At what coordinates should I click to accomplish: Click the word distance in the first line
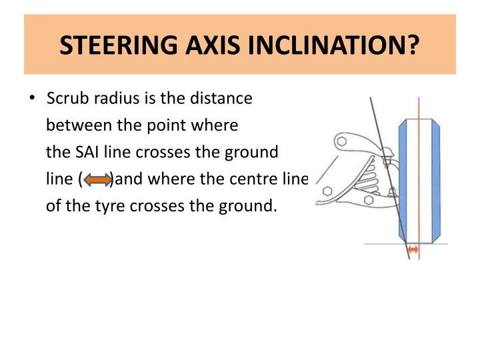point(223,99)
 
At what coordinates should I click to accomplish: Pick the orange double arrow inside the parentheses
point(98,179)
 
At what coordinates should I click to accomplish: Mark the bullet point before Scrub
point(32,99)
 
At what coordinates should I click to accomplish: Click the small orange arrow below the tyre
point(414,249)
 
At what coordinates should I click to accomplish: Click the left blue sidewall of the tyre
point(402,180)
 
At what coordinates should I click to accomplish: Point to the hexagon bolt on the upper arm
point(342,142)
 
